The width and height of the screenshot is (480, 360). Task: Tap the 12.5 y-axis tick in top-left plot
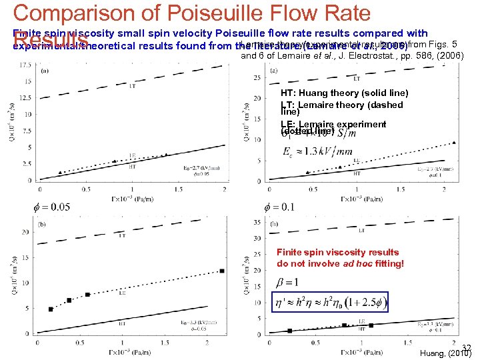pos(24,97)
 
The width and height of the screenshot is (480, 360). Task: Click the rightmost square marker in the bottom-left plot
pos(222,271)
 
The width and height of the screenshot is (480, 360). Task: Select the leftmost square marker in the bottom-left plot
pos(51,309)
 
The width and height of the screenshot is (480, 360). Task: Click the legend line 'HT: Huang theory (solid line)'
pos(344,93)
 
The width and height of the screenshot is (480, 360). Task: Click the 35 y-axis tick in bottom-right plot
pos(257,221)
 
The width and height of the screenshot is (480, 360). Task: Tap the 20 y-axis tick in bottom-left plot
pos(25,231)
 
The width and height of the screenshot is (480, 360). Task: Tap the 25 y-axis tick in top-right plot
pos(257,78)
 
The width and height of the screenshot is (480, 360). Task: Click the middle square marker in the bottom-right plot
pos(344,325)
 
